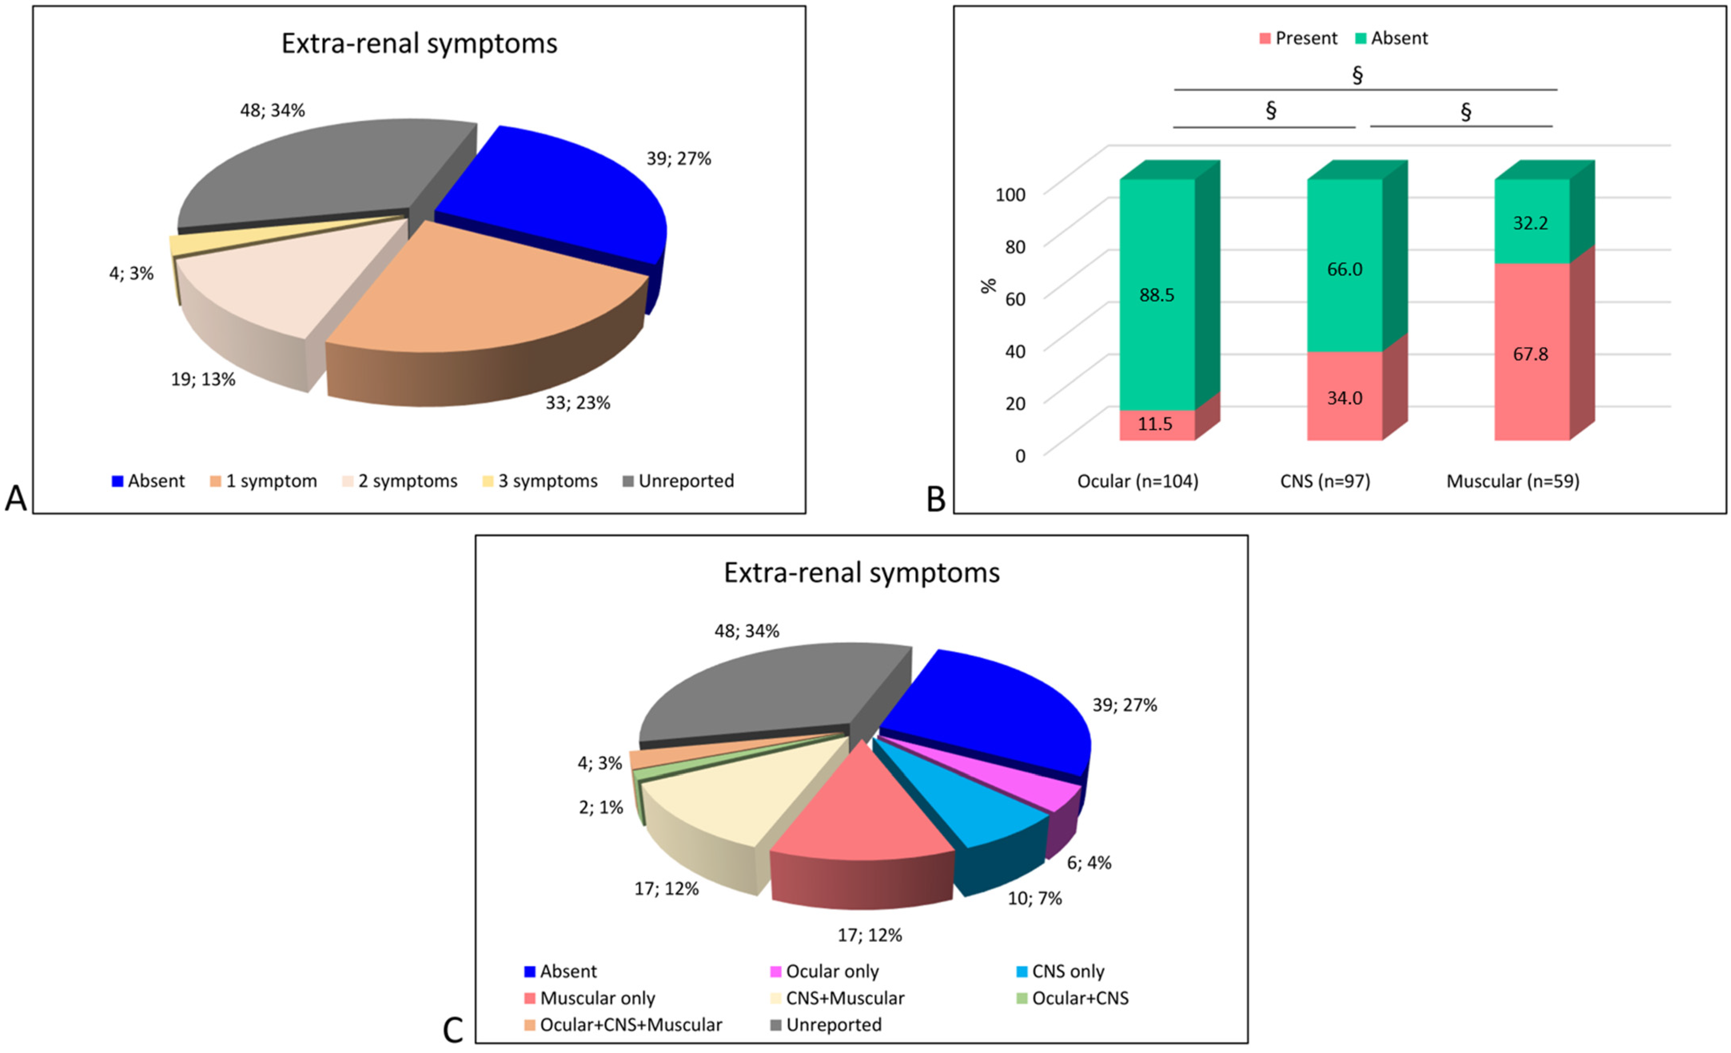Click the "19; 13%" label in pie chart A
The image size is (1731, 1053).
click(x=203, y=380)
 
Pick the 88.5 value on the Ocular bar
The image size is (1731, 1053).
click(x=1156, y=295)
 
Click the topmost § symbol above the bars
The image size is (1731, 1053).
click(x=1357, y=74)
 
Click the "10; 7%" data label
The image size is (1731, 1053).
click(x=1034, y=898)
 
